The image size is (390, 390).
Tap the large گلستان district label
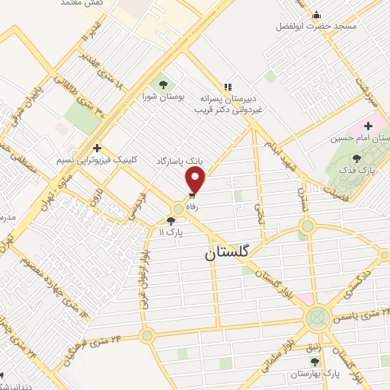click(x=231, y=256)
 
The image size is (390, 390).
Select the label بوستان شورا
click(x=160, y=97)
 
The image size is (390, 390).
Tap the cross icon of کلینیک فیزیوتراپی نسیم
click(x=97, y=148)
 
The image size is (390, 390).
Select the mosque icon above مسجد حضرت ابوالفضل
click(x=317, y=14)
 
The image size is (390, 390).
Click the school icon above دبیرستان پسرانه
click(x=227, y=87)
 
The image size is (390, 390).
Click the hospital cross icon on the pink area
click(x=369, y=126)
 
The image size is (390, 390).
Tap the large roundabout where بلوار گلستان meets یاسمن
click(x=316, y=318)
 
